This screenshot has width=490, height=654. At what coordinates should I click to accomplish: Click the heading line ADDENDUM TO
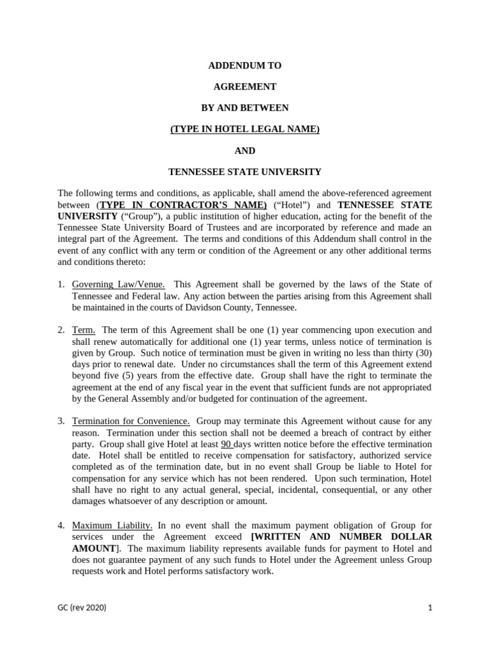pos(245,66)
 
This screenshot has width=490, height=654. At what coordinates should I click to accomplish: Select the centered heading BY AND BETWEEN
pos(245,108)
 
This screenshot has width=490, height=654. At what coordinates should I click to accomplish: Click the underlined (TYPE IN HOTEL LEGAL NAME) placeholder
pos(245,130)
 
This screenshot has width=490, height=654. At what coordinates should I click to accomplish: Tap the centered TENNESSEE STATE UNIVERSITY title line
pos(245,172)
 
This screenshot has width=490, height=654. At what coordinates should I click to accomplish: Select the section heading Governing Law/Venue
pos(119,284)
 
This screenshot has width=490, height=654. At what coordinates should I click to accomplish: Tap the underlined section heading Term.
pos(84,330)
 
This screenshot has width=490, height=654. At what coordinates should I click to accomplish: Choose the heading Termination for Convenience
pos(131,422)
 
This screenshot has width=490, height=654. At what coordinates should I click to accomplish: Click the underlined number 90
pos(226,445)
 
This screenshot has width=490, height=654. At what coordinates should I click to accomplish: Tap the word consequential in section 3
pos(342,490)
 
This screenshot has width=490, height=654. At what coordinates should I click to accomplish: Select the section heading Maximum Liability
pos(112,526)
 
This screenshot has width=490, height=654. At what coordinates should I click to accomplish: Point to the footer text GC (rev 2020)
pos(82,608)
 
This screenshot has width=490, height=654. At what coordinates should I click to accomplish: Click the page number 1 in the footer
pos(430,608)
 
